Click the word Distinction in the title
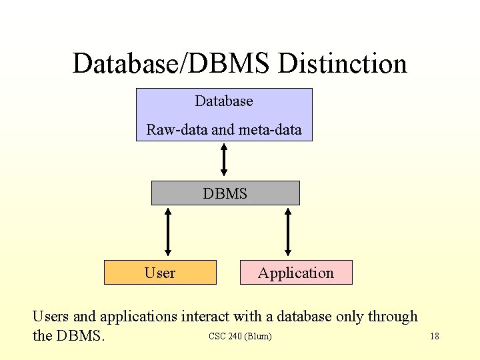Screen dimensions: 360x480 point(342,64)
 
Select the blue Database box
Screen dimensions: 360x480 point(224,115)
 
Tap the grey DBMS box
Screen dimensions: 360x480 point(225,193)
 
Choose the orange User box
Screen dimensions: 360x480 point(160,273)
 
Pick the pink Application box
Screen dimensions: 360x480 point(296,273)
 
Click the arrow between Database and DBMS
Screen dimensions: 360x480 point(224,160)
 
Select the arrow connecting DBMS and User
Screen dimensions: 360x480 point(168,232)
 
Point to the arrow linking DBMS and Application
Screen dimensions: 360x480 point(288,232)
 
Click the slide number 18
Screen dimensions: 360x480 point(434,336)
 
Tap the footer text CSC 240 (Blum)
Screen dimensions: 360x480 point(240,336)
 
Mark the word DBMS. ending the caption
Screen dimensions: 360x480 point(81,335)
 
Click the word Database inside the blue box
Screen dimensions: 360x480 point(224,101)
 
